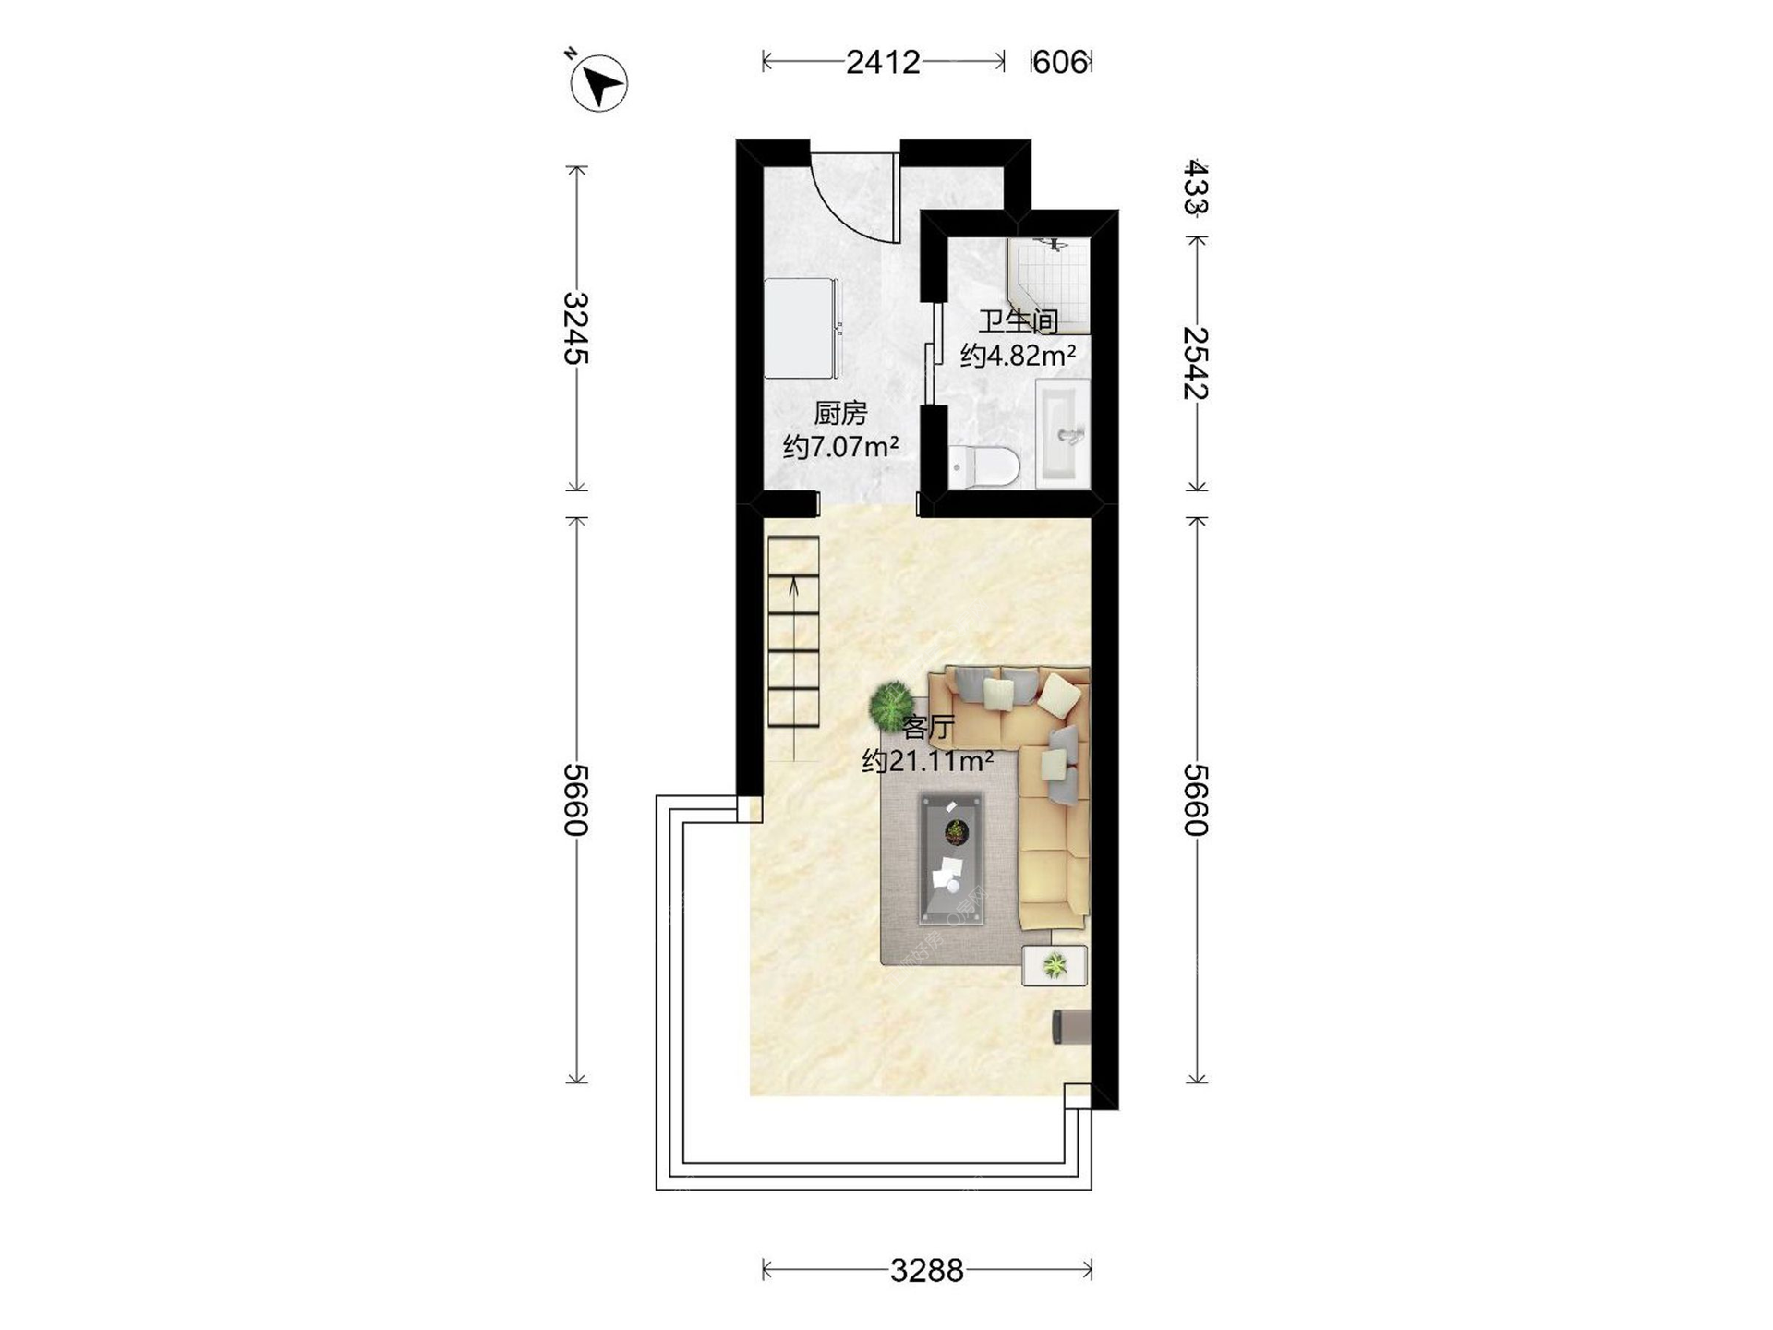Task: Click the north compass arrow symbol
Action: (598, 83)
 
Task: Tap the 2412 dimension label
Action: (883, 62)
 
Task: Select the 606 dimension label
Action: (1060, 62)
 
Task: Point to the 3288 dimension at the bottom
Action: (926, 1271)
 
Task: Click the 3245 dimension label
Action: (576, 328)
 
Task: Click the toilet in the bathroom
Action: (983, 465)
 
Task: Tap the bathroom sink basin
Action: (1063, 432)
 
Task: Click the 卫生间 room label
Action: (1019, 321)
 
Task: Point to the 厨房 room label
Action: (840, 413)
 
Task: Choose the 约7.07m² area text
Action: (841, 448)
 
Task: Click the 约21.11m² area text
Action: (927, 762)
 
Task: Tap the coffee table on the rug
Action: (951, 858)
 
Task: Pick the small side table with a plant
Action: (1055, 966)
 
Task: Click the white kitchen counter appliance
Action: (802, 329)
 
